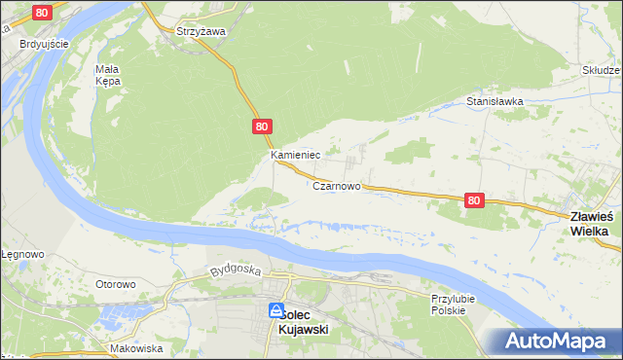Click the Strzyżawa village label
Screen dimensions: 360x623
pyautogui.click(x=201, y=31)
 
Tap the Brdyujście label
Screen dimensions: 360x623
pyautogui.click(x=43, y=44)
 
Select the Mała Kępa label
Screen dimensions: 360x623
pyautogui.click(x=107, y=75)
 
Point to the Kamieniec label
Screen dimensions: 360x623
pyautogui.click(x=296, y=155)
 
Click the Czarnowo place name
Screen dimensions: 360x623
pyautogui.click(x=338, y=185)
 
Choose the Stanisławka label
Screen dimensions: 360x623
pyautogui.click(x=495, y=100)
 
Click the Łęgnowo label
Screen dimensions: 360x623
pyautogui.click(x=21, y=254)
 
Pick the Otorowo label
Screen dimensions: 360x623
pyautogui.click(x=115, y=284)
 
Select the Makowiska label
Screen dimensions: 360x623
pyautogui.click(x=135, y=347)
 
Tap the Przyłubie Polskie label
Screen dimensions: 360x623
pyautogui.click(x=448, y=305)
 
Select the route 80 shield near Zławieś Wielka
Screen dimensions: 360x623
pyautogui.click(x=473, y=199)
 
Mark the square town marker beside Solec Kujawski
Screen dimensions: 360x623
pyautogui.click(x=275, y=311)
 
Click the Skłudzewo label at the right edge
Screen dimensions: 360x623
pyautogui.click(x=602, y=70)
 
